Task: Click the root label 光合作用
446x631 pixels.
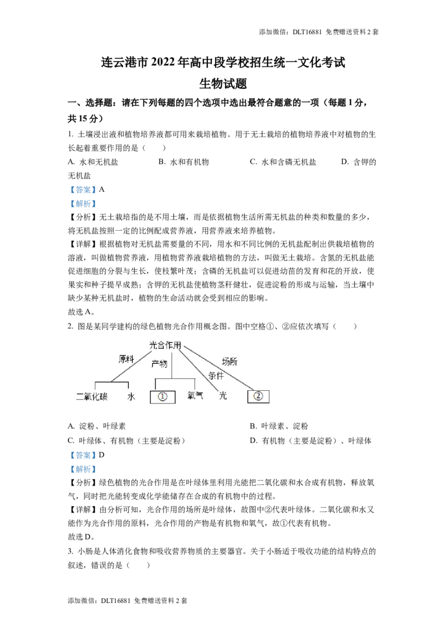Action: (x=166, y=346)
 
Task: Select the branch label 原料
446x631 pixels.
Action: (x=127, y=360)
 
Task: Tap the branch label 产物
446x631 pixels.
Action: (x=159, y=364)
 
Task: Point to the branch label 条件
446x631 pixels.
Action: (x=216, y=376)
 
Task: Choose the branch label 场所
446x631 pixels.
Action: (x=230, y=361)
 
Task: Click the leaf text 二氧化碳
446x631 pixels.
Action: (x=92, y=397)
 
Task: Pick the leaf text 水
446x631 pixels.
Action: (x=132, y=397)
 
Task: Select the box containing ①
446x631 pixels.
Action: (x=163, y=397)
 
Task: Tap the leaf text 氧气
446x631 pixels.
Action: (x=196, y=396)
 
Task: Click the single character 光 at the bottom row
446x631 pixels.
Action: (x=223, y=396)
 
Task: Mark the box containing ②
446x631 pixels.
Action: (x=258, y=396)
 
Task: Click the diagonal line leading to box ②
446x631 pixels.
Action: (x=223, y=371)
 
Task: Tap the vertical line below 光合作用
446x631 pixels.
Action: (x=172, y=365)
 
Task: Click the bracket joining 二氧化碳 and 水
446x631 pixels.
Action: (x=111, y=382)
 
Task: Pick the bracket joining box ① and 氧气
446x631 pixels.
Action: (x=174, y=378)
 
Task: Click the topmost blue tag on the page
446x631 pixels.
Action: (x=83, y=190)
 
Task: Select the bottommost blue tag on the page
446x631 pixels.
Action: (x=83, y=470)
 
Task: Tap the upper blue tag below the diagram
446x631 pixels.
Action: (x=83, y=455)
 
